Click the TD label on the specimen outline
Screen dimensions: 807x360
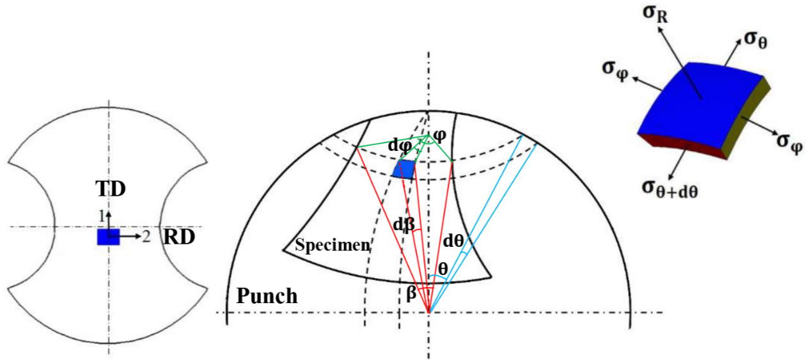111,189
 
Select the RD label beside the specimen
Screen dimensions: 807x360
180,237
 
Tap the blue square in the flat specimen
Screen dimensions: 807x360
108,237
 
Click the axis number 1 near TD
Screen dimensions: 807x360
102,217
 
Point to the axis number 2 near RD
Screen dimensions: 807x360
146,237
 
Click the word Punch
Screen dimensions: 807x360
267,296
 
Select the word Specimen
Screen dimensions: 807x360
332,245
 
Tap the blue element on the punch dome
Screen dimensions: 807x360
404,169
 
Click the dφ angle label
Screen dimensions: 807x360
400,146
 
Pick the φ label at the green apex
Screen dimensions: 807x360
439,136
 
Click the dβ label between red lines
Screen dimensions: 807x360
403,225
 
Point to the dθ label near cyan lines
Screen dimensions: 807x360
453,240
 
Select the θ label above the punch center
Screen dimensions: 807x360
443,269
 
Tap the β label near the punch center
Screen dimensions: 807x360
411,293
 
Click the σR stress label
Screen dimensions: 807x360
655,15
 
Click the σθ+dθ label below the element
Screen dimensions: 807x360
670,189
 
